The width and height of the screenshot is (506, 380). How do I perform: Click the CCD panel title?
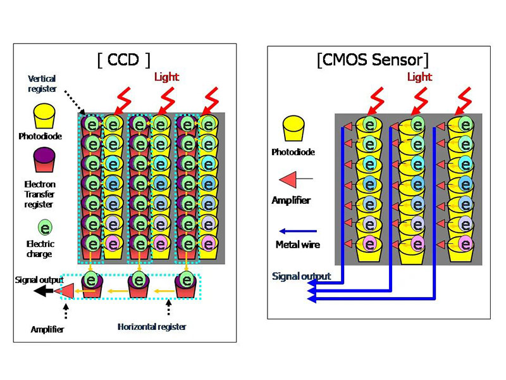[124, 60]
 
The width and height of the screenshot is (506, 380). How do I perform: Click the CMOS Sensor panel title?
[373, 60]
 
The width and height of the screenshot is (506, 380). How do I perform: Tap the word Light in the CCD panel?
[166, 77]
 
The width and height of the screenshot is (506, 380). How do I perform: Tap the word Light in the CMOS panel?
[419, 77]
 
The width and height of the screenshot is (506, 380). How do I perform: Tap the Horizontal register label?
[150, 327]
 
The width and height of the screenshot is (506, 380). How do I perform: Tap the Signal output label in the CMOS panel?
[301, 276]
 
